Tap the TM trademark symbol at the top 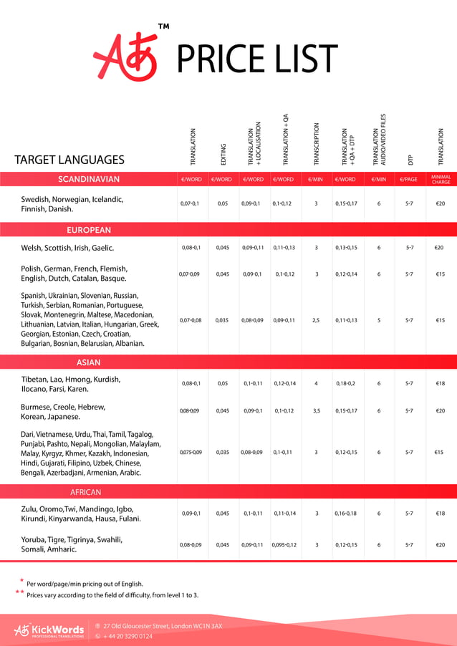[x=163, y=28]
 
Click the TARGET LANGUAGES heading [x=69, y=160]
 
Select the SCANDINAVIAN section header [x=89, y=179]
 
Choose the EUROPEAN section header [x=89, y=230]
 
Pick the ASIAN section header [x=89, y=362]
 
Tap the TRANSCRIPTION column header [x=316, y=145]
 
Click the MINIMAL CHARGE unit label [x=441, y=179]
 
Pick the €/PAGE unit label [x=409, y=179]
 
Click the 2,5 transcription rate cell [x=316, y=320]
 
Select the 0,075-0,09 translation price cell [x=191, y=452]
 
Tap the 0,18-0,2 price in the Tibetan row [x=346, y=383]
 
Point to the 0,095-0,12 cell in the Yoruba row [x=284, y=545]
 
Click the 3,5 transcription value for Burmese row [x=316, y=411]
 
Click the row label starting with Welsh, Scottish [x=67, y=248]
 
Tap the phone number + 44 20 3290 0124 [x=128, y=635]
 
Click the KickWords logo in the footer [x=49, y=630]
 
